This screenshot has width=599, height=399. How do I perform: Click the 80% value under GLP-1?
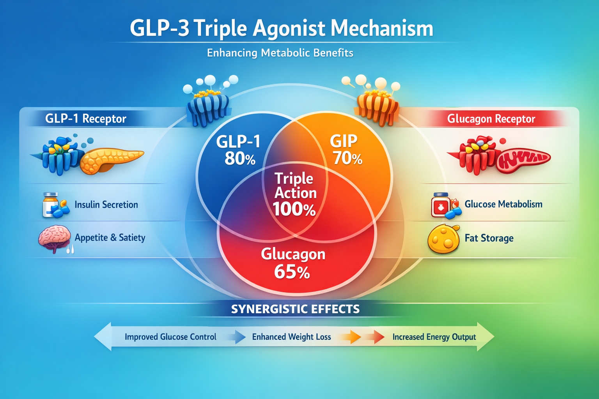click(240, 159)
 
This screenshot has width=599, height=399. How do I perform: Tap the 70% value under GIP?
click(347, 159)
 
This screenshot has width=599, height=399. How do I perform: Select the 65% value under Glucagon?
click(292, 272)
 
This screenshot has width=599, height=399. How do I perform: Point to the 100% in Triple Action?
click(294, 210)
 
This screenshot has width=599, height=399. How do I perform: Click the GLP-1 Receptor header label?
click(86, 118)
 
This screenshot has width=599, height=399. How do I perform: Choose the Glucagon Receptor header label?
click(491, 118)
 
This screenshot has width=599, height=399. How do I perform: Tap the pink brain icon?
click(55, 238)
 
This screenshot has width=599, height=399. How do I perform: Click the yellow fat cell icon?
click(443, 239)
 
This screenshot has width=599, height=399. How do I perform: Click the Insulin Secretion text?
click(106, 205)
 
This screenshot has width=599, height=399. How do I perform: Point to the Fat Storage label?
click(489, 238)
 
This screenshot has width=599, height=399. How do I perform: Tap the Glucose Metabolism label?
click(503, 204)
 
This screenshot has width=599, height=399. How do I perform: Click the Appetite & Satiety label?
click(110, 238)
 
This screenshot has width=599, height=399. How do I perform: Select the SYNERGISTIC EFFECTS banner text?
click(295, 309)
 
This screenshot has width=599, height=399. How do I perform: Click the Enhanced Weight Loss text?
click(291, 337)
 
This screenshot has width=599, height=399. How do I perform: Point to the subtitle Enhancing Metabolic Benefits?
click(280, 53)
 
